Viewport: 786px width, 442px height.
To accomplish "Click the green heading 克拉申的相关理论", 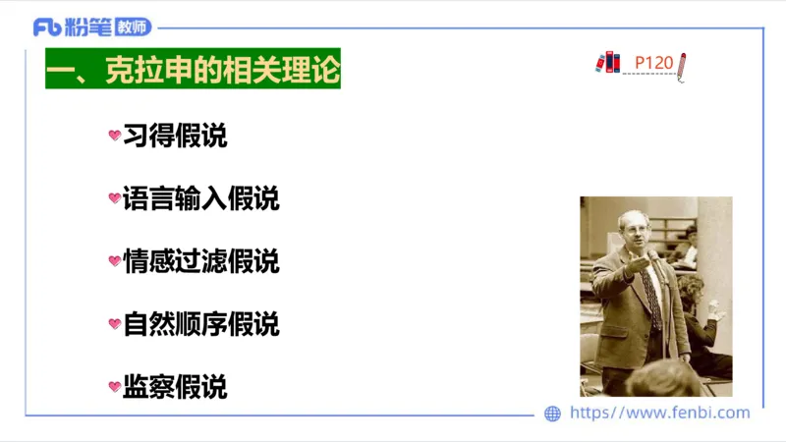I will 193,71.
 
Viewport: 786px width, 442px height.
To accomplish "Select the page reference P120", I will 653,64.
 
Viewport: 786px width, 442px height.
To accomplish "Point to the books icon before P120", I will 608,63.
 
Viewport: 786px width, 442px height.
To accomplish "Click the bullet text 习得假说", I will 175,136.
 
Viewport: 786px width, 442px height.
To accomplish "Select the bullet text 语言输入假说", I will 200,198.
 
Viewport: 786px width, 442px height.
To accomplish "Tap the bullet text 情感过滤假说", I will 200,261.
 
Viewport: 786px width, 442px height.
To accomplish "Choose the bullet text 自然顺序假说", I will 200,324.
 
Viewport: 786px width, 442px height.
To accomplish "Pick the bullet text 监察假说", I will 175,387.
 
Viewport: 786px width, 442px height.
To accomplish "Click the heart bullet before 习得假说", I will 114,136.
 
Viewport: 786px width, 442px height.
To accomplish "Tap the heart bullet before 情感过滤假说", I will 114,261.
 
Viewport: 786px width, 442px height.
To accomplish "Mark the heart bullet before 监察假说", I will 114,387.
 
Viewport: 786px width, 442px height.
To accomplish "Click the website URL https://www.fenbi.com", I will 659,413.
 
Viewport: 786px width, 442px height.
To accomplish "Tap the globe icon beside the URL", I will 553,414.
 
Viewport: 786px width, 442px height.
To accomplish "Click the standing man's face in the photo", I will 630,232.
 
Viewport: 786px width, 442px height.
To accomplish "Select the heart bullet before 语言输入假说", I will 114,198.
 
